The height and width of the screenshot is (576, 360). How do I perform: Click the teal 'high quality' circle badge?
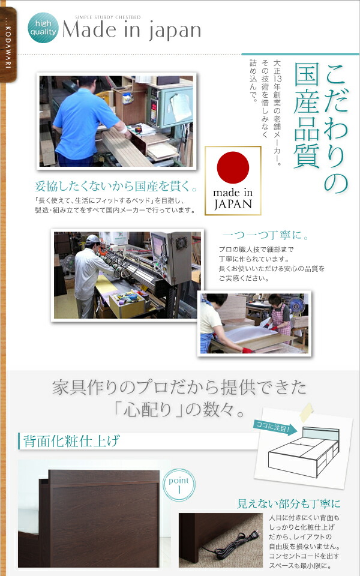43,29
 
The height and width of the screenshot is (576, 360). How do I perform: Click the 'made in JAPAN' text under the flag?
233,199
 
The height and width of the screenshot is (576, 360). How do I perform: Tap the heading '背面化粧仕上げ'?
71,442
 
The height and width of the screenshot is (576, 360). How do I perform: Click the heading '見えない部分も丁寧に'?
289,503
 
